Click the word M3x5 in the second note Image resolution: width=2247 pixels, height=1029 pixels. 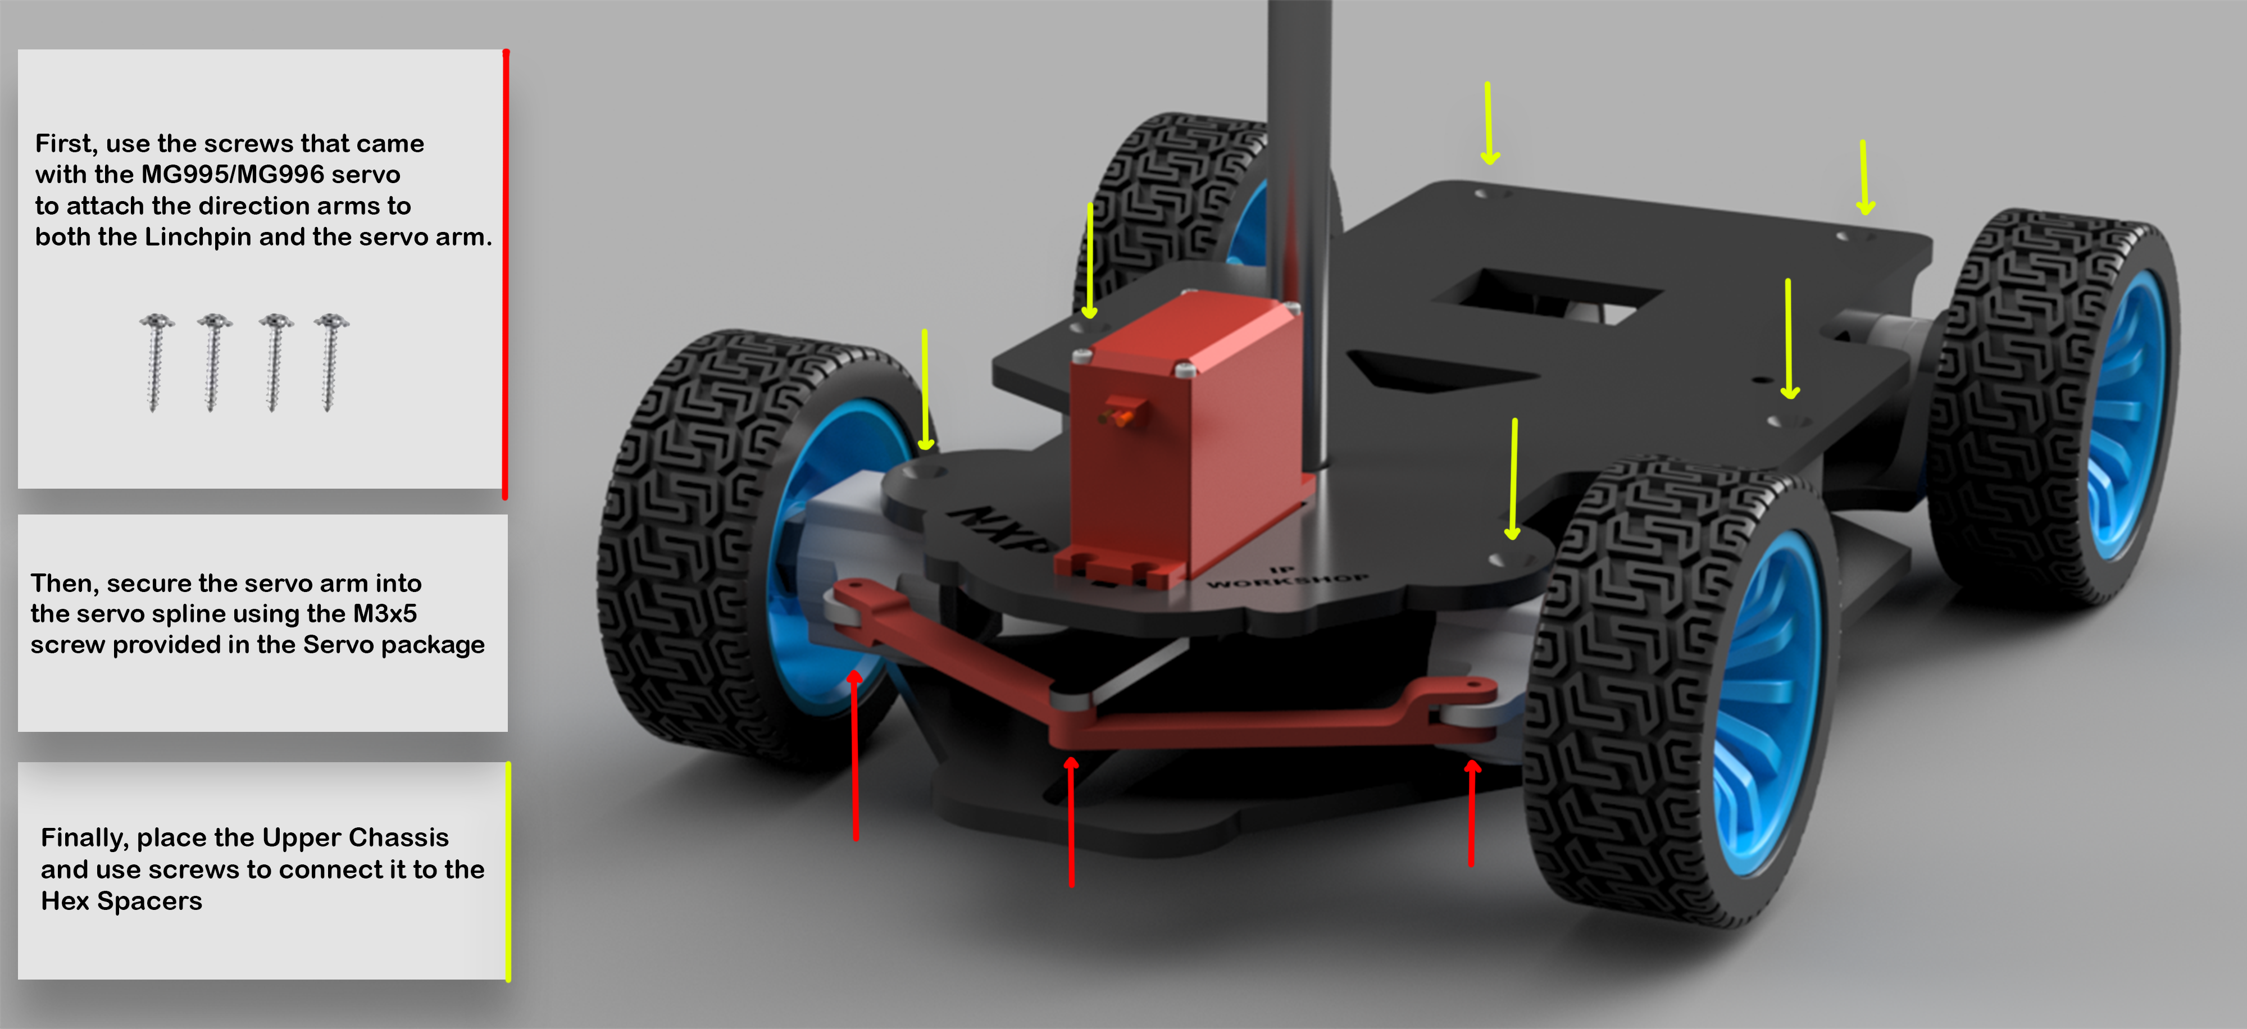pos(385,614)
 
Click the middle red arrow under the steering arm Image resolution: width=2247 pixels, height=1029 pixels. pos(1071,819)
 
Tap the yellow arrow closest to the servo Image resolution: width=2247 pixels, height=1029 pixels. pos(1089,262)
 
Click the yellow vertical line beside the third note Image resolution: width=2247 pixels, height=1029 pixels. pos(508,872)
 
